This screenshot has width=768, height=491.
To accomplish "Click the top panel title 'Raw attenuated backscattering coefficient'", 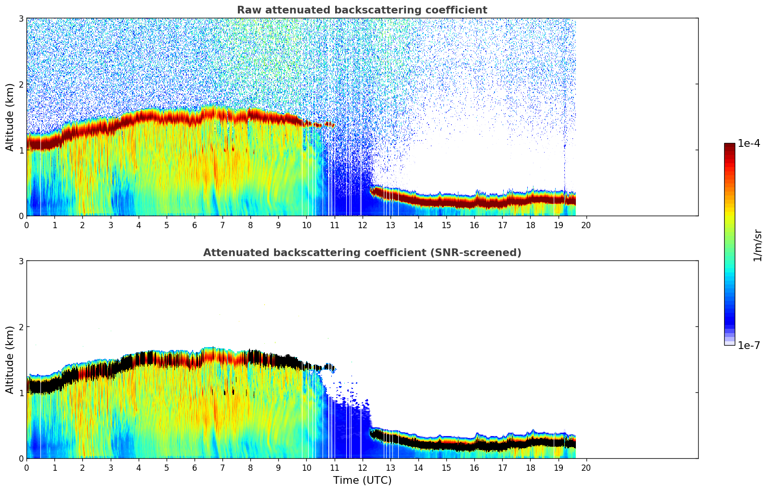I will point(362,10).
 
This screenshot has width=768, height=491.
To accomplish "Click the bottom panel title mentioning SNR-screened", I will point(362,253).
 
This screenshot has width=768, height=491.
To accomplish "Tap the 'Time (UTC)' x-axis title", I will point(362,480).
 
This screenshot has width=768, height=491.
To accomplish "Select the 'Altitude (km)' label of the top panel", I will point(10,117).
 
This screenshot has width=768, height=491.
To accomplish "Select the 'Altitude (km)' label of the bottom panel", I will point(10,360).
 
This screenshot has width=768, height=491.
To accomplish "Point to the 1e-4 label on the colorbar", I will point(749,143).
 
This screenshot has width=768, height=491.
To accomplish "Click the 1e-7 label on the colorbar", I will point(749,345).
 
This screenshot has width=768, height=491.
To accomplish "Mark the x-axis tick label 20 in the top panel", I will point(586,225).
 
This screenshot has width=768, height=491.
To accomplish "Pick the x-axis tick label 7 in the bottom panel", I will point(222,467).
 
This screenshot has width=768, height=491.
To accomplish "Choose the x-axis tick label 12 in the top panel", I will point(362,225).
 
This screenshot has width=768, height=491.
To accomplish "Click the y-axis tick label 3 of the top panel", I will point(21,19).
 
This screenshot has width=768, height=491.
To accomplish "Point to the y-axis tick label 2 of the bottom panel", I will point(21,327).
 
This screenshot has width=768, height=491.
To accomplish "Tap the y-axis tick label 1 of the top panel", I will point(21,150).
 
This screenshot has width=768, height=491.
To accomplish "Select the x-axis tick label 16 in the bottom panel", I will point(474,467).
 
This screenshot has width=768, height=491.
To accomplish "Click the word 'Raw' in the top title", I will point(247,10).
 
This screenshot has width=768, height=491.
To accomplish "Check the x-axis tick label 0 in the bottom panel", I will point(26,467).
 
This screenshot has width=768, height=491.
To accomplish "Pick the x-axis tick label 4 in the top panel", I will point(139,225).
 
